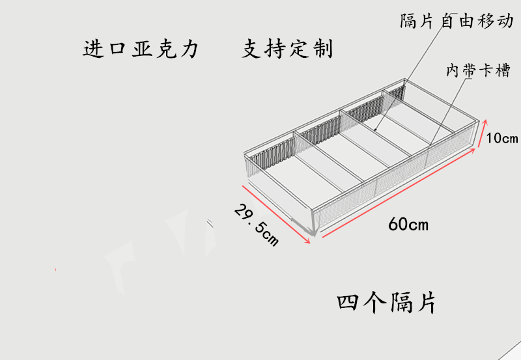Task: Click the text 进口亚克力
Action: (140, 50)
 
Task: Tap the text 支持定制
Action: (287, 50)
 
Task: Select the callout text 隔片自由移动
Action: (457, 21)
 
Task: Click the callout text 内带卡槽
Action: (477, 71)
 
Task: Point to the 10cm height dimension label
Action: (501, 138)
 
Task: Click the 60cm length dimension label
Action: (408, 225)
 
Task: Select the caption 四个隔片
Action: (386, 303)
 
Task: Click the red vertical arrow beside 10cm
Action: (483, 133)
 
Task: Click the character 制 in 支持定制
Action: (322, 50)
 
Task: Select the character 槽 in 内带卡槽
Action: (502, 71)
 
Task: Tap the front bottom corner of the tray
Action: (314, 232)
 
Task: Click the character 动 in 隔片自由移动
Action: (505, 21)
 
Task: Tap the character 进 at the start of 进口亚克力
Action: (93, 50)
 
